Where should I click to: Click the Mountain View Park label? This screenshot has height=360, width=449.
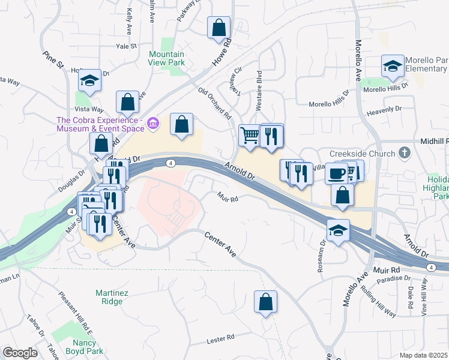tap(167, 58)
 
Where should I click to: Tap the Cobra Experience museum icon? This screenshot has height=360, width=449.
tap(153, 124)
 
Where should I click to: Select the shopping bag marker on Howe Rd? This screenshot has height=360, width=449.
tap(218, 28)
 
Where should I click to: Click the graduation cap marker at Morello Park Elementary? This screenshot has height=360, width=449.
tap(393, 65)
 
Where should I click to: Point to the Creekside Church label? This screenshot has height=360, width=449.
tap(363, 154)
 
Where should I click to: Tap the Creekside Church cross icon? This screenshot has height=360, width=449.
tap(405, 153)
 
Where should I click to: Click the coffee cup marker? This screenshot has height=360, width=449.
tap(336, 173)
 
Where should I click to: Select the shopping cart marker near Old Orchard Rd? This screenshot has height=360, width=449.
tap(250, 134)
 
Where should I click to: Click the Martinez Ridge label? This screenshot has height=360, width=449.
tap(108, 297)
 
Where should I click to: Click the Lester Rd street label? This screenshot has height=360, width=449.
tap(220, 340)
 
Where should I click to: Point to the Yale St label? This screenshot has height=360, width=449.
tap(127, 46)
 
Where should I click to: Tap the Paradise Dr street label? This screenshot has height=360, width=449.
tap(396, 278)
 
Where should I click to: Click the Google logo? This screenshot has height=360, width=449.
tap(20, 353)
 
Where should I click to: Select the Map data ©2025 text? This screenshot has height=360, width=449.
tap(424, 355)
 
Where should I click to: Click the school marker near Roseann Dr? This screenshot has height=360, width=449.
tap(338, 230)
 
